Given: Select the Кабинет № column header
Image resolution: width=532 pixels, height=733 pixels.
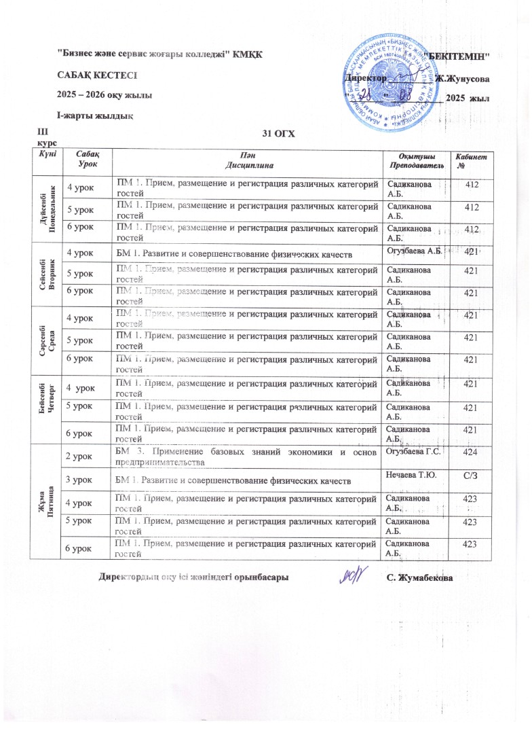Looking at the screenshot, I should (474, 162).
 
